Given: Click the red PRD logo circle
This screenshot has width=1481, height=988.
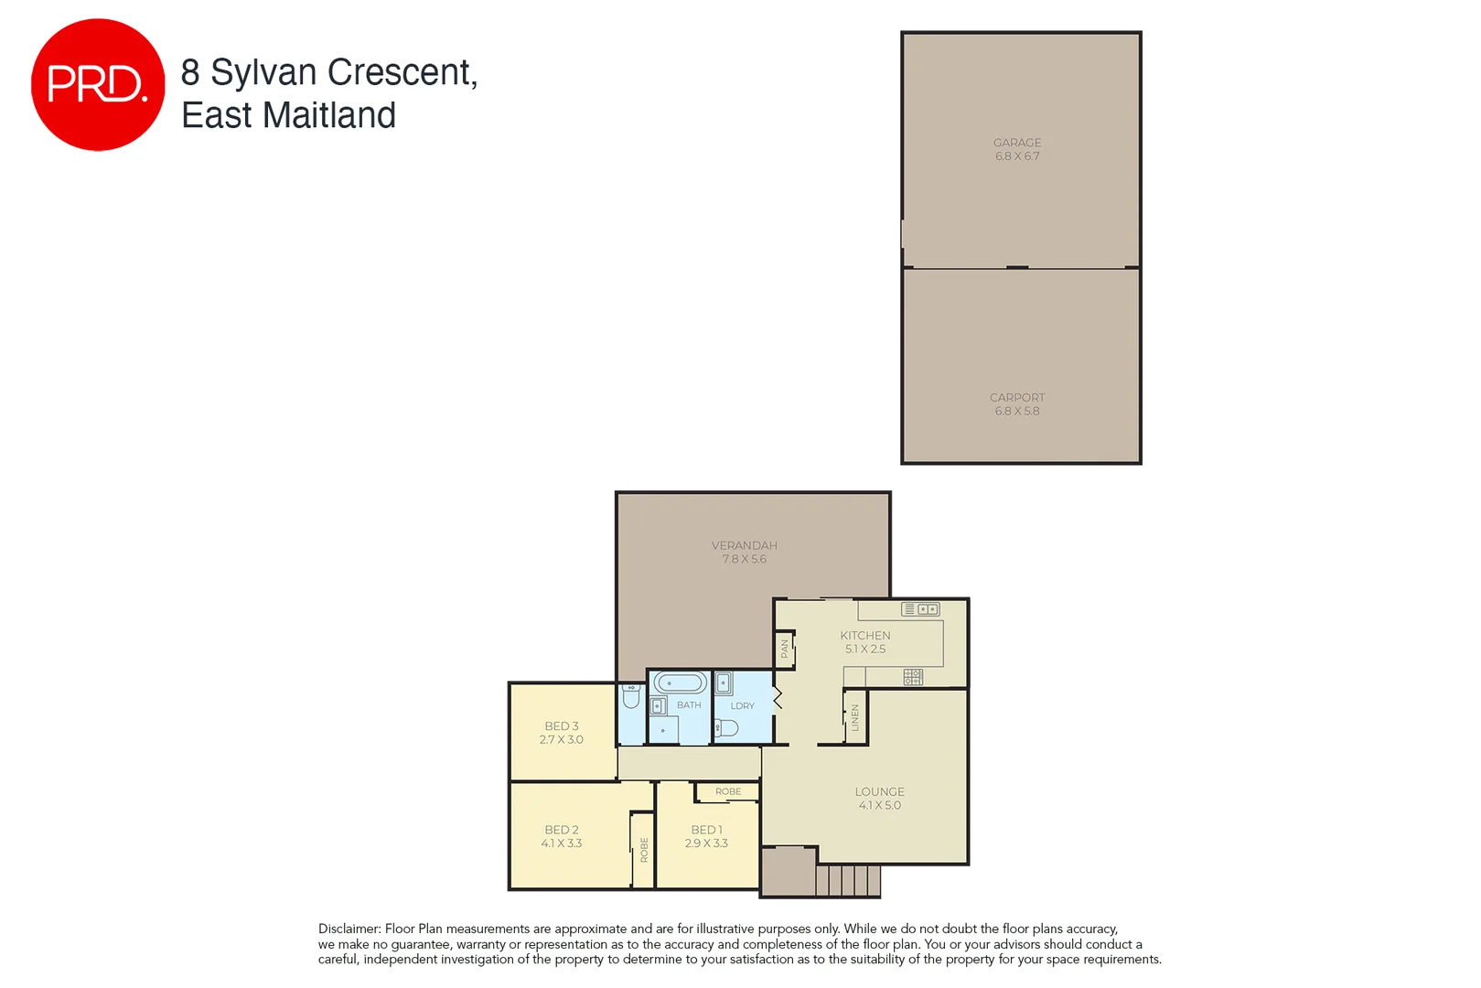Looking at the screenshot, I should click(x=97, y=84).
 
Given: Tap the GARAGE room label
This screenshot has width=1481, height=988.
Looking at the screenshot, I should click(x=1016, y=143).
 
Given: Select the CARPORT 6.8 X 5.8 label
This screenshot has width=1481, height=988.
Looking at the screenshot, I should click(x=1016, y=404).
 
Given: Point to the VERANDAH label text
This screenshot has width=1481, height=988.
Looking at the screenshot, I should click(x=744, y=545).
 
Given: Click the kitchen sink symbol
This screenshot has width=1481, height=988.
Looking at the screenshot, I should click(x=920, y=609).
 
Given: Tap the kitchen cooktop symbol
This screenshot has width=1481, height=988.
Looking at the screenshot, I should click(x=913, y=677).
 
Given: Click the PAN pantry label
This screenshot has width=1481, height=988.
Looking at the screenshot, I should click(x=784, y=649).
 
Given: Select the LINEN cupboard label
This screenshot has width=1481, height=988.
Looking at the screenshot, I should click(x=854, y=716).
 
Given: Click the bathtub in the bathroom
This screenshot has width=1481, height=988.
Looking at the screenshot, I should click(x=681, y=683).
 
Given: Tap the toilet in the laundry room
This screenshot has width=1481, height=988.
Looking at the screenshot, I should click(x=726, y=728).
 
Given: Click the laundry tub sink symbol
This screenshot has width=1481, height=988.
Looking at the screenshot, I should click(x=723, y=683).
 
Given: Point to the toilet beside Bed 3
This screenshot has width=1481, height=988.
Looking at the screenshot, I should click(x=630, y=697).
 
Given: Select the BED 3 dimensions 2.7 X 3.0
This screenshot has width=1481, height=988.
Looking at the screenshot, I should click(x=561, y=740).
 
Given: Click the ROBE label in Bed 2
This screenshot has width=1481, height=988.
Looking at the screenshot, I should click(x=644, y=850).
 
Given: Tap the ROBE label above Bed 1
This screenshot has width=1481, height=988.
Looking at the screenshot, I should click(x=728, y=791).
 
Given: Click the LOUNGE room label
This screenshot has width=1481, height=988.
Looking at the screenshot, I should click(x=879, y=792).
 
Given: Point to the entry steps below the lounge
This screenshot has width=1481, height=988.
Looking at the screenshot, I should click(x=847, y=881).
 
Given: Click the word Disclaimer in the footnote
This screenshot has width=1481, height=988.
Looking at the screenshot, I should click(x=349, y=929).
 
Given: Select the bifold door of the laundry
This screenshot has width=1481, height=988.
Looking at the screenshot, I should click(x=778, y=699).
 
